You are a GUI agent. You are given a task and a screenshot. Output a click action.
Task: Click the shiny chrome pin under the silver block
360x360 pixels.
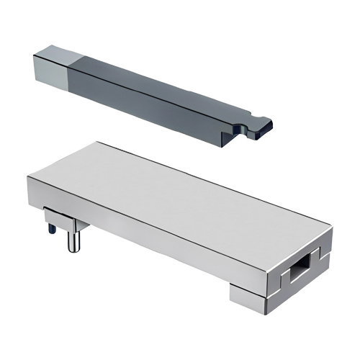(x=73, y=238)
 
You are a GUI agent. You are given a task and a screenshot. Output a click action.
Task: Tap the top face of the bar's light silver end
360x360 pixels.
(x=55, y=51)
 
